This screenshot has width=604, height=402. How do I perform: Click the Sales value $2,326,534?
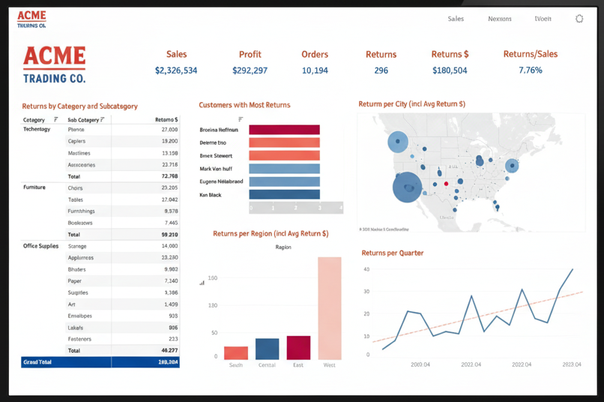click(x=176, y=70)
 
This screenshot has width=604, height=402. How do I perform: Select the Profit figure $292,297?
click(x=250, y=70)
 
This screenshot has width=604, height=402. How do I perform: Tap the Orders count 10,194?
click(x=315, y=70)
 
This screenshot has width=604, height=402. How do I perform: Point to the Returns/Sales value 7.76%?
click(x=530, y=70)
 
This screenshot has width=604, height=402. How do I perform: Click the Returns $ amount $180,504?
click(x=450, y=70)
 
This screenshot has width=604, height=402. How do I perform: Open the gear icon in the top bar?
click(x=579, y=19)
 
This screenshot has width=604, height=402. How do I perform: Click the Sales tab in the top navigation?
click(x=456, y=19)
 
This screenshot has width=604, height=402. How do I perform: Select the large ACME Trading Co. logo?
click(x=54, y=64)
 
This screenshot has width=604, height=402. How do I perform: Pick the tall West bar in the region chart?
click(x=329, y=308)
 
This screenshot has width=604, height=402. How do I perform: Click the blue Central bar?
click(x=267, y=349)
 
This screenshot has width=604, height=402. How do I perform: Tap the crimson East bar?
click(x=298, y=347)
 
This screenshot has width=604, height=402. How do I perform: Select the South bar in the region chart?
click(x=236, y=352)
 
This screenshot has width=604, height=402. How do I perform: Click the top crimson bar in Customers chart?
click(x=284, y=130)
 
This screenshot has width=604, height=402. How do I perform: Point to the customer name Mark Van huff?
click(x=216, y=169)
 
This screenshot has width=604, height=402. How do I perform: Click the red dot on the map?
click(x=446, y=183)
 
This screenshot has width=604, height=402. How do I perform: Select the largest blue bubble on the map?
click(x=408, y=186)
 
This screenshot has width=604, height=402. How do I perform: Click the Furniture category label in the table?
click(x=34, y=187)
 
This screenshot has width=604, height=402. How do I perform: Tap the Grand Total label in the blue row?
click(x=37, y=361)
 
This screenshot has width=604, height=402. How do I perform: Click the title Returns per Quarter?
click(x=392, y=253)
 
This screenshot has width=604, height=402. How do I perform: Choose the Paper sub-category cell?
click(x=76, y=280)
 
